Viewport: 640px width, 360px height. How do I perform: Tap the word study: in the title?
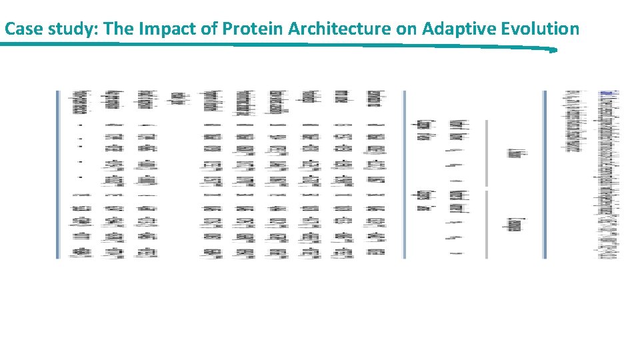tap(67, 29)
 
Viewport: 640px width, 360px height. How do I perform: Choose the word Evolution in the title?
tap(539, 29)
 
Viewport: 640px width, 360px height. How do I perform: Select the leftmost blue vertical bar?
tap(58, 174)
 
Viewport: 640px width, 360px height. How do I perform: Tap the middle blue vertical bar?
tap(404, 174)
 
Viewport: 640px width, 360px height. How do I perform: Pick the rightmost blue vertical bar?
tap(545, 174)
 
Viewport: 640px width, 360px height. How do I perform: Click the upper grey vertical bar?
tap(487, 153)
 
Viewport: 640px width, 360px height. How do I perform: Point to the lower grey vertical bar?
tap(487, 224)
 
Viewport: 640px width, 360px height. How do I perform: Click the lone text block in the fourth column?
tap(177, 98)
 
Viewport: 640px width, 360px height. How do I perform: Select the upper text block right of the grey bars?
tap(517, 153)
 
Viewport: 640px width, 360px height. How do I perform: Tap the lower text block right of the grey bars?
tap(515, 225)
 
